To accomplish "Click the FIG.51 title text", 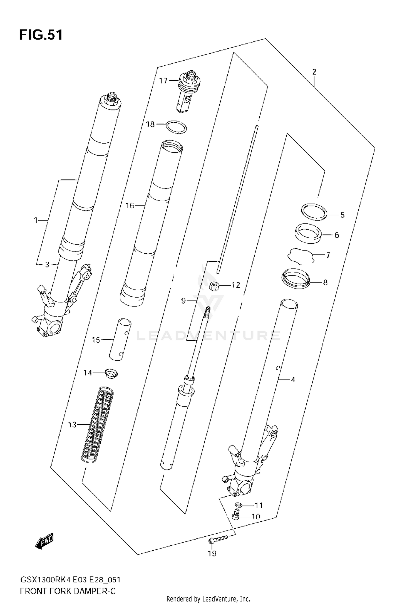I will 41,35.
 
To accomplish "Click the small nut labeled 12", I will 214,286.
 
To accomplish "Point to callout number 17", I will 163,81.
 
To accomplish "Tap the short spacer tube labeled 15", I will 120,340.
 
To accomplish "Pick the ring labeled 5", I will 314,212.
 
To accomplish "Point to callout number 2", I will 314,72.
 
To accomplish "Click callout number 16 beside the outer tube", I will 130,206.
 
